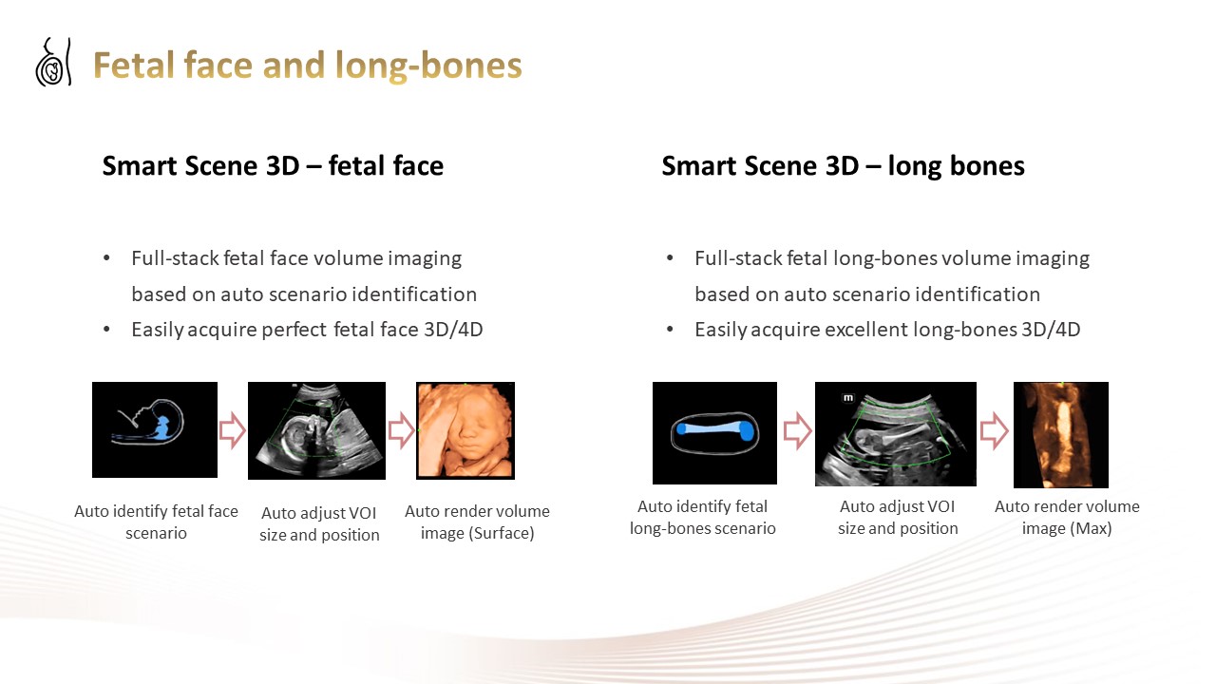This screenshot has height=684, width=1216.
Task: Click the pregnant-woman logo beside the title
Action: [53, 62]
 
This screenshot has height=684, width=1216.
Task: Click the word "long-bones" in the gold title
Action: [428, 66]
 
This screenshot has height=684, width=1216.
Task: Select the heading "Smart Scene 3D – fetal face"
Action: [273, 165]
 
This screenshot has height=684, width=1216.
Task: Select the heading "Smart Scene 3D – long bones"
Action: [843, 165]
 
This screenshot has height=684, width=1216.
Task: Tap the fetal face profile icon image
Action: [155, 430]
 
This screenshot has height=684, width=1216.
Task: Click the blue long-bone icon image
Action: [714, 432]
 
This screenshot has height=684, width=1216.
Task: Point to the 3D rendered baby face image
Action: [465, 430]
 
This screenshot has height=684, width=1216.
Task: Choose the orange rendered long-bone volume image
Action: [1061, 435]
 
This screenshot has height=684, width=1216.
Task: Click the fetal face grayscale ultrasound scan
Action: [316, 430]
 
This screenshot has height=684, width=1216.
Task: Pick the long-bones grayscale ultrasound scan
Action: [895, 434]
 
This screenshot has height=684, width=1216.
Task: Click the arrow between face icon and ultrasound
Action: [233, 431]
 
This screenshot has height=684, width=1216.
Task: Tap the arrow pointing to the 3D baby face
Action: [401, 431]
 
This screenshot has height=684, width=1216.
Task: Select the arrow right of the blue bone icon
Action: [797, 431]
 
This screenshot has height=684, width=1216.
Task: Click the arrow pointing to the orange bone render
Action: [994, 431]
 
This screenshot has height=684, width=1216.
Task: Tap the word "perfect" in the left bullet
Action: [294, 330]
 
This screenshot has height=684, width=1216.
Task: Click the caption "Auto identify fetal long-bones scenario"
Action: [702, 518]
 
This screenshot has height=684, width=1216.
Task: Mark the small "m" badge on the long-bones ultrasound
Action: [848, 398]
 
